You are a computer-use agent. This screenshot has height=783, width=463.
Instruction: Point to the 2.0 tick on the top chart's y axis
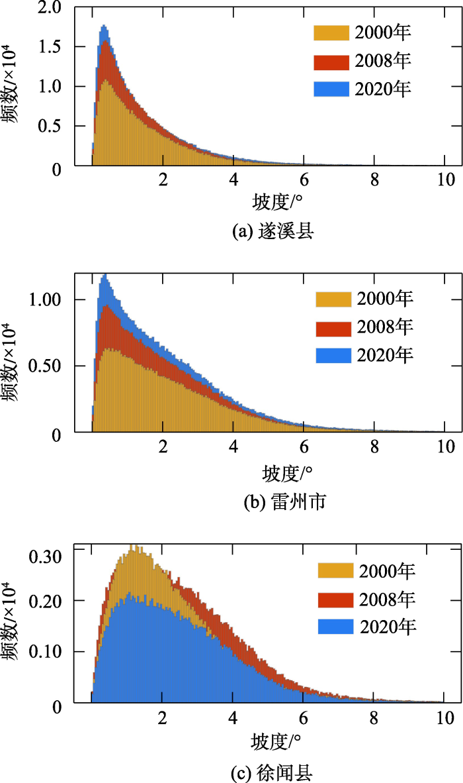coord(50,8)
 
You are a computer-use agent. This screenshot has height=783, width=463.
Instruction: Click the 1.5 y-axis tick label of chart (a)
coord(50,47)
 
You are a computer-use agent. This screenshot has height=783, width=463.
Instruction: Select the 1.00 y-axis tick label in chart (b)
coord(46,299)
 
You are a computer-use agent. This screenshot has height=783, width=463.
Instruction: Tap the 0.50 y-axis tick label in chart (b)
coord(46,366)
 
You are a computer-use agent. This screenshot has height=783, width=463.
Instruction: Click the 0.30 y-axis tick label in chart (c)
coord(46,556)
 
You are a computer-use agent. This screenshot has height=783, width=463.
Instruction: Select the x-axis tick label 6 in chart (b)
coord(304,447)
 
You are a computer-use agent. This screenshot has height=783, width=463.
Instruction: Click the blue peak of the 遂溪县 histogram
coord(104,28)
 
